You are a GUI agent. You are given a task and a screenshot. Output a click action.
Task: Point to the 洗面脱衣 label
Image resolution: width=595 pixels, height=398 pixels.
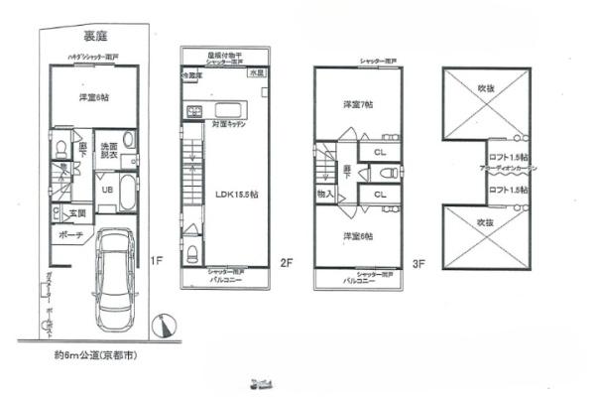109,151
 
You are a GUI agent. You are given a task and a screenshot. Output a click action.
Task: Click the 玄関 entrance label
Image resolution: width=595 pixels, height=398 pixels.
76,212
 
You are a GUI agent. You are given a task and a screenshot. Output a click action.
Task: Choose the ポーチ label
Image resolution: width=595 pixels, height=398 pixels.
69,236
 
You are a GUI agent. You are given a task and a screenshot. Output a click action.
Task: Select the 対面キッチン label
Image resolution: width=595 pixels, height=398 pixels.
230,127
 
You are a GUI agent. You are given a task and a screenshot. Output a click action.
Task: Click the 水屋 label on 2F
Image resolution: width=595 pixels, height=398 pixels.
256,73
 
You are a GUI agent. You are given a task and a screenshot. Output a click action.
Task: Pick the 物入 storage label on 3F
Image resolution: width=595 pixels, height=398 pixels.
325,195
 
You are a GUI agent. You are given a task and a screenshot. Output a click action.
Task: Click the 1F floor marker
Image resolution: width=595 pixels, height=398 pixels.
156,262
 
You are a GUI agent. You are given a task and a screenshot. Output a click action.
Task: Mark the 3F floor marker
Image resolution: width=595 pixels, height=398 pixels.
418,264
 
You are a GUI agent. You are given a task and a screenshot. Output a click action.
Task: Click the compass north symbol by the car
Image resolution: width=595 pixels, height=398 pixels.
163,324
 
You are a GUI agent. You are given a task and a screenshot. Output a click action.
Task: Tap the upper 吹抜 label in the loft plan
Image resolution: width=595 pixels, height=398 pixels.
486,88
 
